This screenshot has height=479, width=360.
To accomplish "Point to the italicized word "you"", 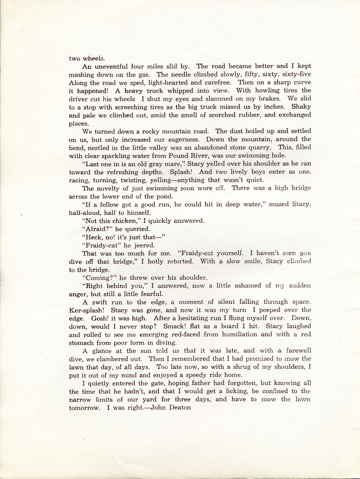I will tap(305, 253).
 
